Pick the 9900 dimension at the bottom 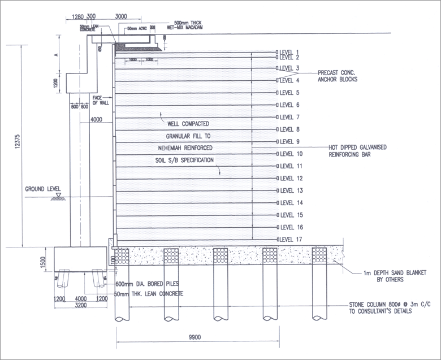coord(196,337)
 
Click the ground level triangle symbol coord(58,195)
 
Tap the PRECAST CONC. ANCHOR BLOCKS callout coord(338,76)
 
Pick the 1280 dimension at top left coord(79,17)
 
